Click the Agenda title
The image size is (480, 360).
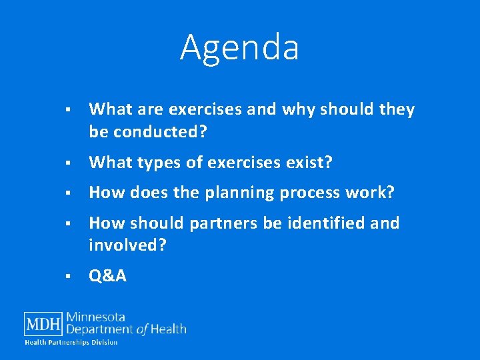click(239, 48)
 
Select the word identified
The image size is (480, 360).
click(326, 223)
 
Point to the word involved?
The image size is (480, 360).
click(127, 246)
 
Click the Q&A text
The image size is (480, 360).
click(107, 276)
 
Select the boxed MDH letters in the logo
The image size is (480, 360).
click(44, 325)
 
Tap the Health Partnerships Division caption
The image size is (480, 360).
click(71, 343)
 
